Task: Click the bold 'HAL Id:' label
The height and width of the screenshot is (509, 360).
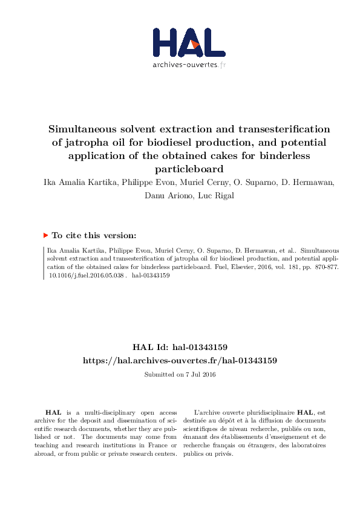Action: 149,348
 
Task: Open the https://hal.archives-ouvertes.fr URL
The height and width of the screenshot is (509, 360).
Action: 180,360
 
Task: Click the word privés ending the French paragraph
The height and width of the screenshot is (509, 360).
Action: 224,454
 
